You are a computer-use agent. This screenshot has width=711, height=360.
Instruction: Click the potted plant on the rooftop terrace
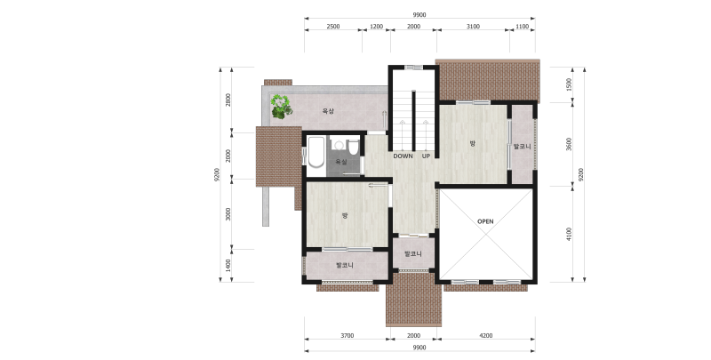pyautogui.click(x=281, y=107)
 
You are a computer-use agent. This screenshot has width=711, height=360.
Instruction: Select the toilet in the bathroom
pyautogui.click(x=353, y=148)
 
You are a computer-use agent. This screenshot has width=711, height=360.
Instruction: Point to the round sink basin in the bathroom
pyautogui.click(x=339, y=145)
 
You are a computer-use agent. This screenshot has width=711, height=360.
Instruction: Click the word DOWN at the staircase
pyautogui.click(x=403, y=156)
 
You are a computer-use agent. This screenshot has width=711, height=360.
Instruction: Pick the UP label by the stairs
pyautogui.click(x=427, y=156)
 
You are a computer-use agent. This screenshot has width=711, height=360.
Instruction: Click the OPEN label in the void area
pyautogui.click(x=485, y=221)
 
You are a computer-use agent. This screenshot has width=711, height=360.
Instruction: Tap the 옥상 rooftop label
pyautogui.click(x=328, y=111)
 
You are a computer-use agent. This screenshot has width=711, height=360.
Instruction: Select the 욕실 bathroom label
pyautogui.click(x=341, y=162)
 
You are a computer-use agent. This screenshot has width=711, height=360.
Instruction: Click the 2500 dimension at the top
pyautogui.click(x=332, y=27)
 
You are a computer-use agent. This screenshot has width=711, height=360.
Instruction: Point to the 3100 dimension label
pyautogui.click(x=473, y=27)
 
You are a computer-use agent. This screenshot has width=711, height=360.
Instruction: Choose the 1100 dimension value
pyautogui.click(x=522, y=27)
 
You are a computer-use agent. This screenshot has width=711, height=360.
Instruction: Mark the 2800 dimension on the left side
pyautogui.click(x=228, y=100)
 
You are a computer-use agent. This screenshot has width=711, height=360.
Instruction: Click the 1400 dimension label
pyautogui.click(x=228, y=265)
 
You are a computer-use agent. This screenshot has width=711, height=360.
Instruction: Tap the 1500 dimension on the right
pyautogui.click(x=569, y=84)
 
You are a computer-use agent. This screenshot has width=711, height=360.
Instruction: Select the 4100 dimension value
pyautogui.click(x=569, y=234)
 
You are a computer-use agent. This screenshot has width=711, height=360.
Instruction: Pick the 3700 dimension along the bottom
pyautogui.click(x=347, y=336)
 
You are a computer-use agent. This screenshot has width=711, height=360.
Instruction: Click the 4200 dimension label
pyautogui.click(x=485, y=336)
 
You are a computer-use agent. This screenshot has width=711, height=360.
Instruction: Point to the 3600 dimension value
pyautogui.click(x=569, y=144)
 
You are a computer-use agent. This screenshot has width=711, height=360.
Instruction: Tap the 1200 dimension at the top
pyautogui.click(x=376, y=27)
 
